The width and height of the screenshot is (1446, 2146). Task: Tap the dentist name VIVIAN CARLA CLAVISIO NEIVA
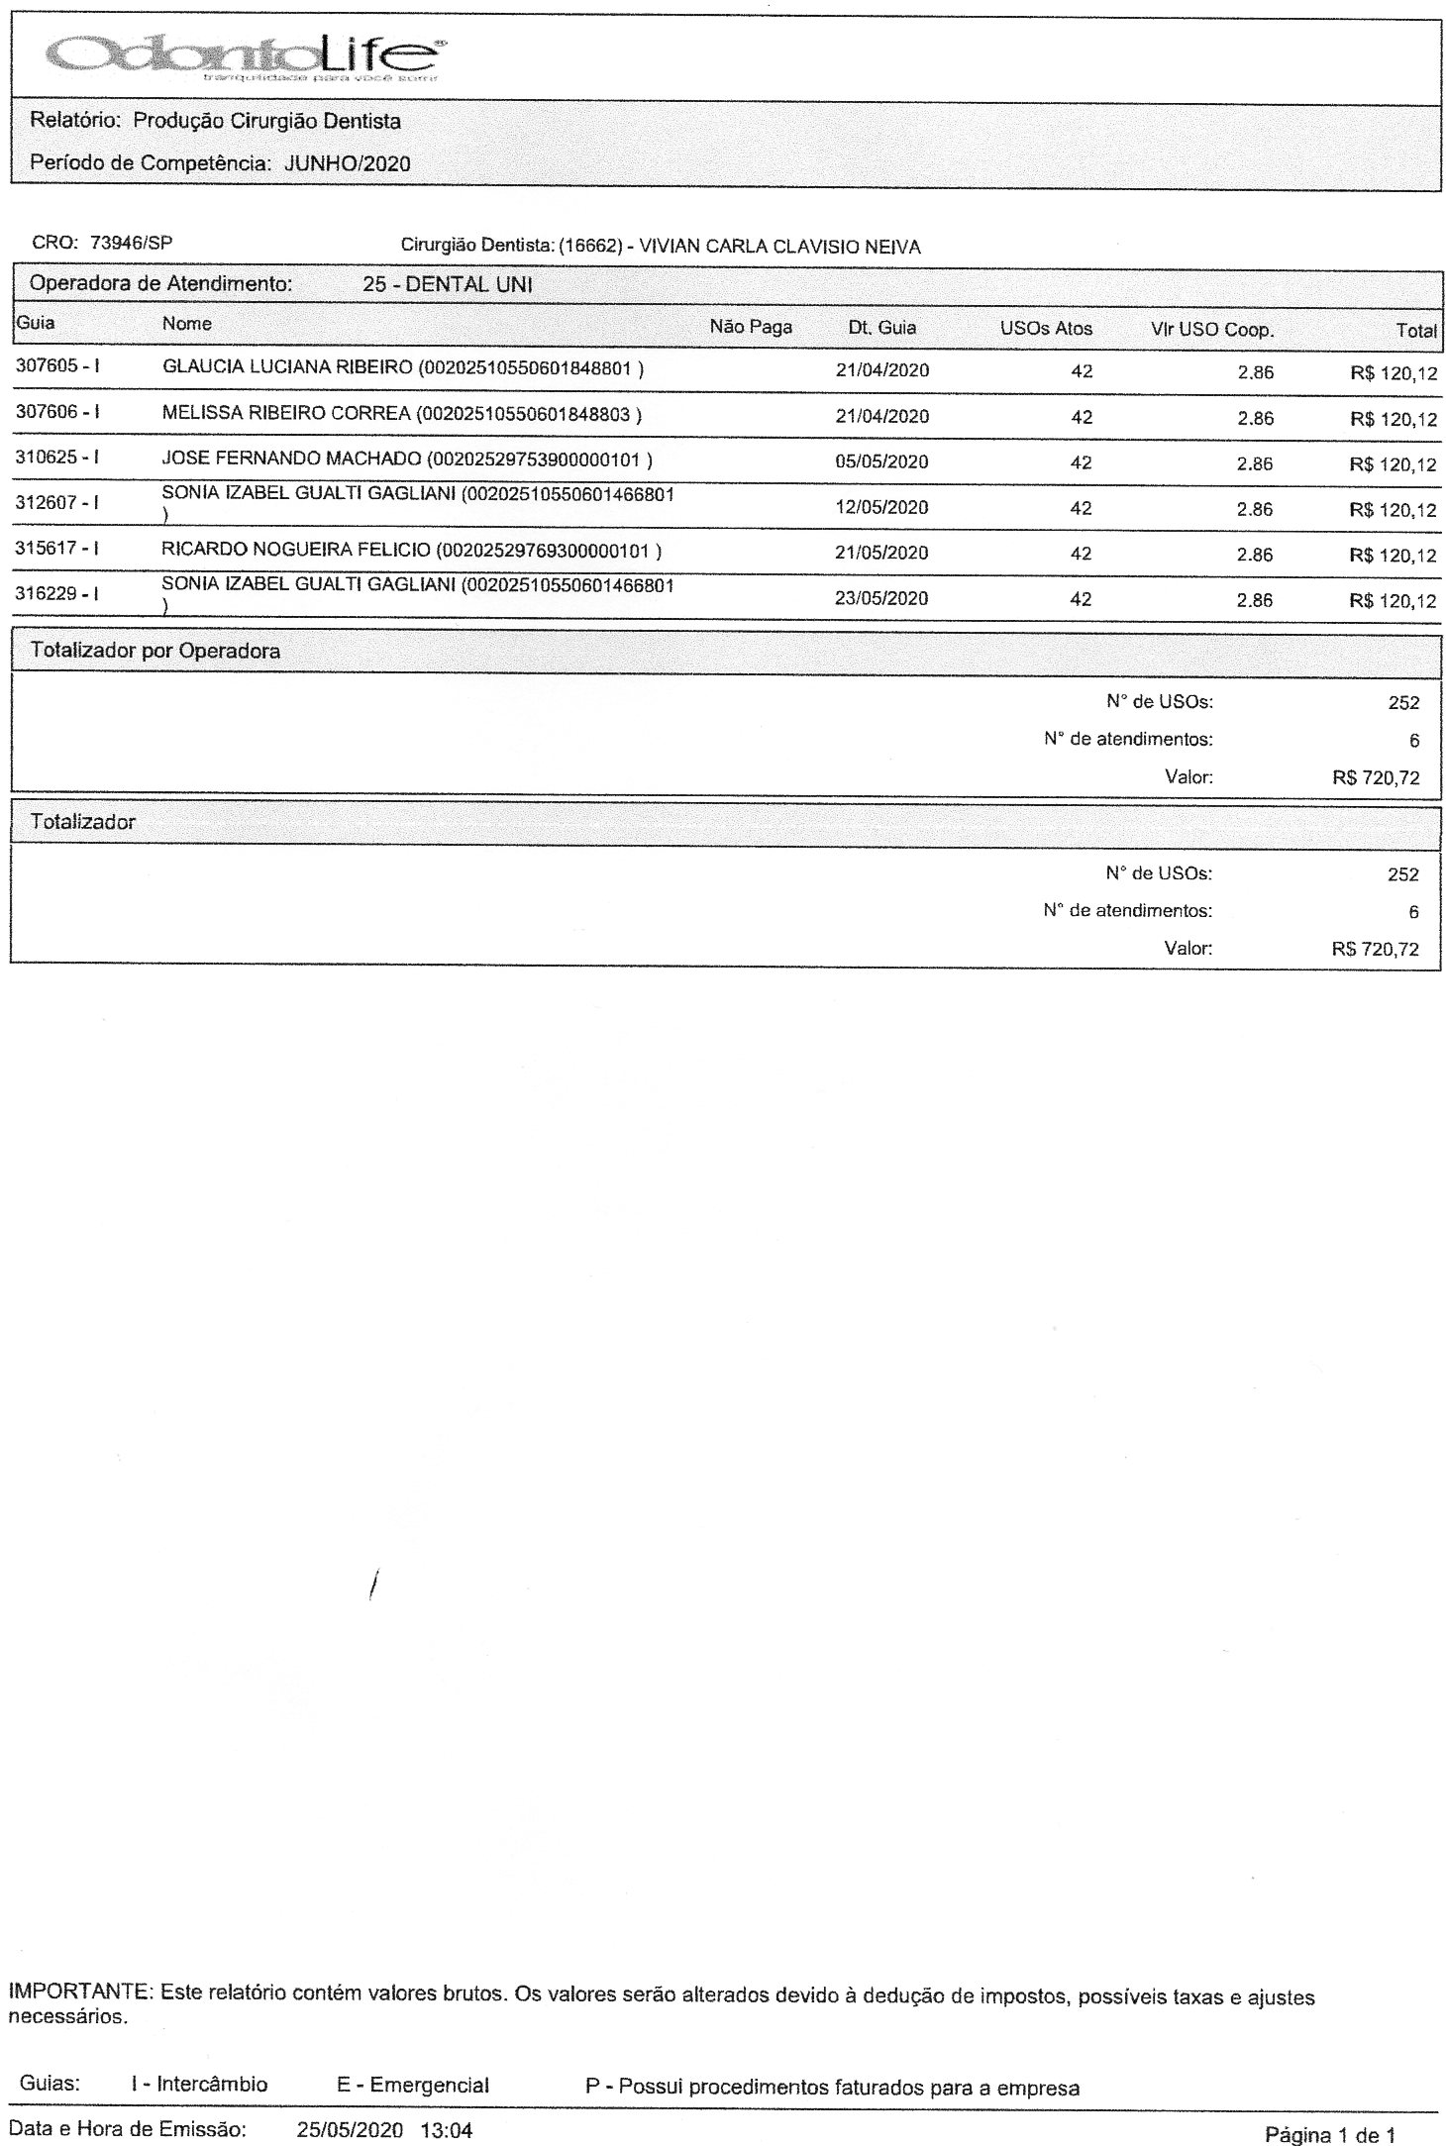pos(779,248)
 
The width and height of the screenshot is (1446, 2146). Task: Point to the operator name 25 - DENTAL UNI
pos(448,284)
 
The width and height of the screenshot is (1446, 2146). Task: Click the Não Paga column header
pos(751,327)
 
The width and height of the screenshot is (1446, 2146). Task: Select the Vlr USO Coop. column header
pos(1211,330)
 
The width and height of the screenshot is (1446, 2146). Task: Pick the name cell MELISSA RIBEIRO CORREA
pos(285,414)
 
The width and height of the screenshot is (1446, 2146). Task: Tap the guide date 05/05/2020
pos(881,462)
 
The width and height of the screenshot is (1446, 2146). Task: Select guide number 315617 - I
pos(57,549)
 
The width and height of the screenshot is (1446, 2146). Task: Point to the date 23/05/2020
pos(881,599)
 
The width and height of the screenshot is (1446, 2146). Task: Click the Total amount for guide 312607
pos(1393,510)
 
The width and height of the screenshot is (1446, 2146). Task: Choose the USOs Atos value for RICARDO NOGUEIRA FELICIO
pos(1081,554)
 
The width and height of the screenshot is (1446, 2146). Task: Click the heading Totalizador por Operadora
pos(155,651)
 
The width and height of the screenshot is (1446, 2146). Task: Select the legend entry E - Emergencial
pos(413,2087)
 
